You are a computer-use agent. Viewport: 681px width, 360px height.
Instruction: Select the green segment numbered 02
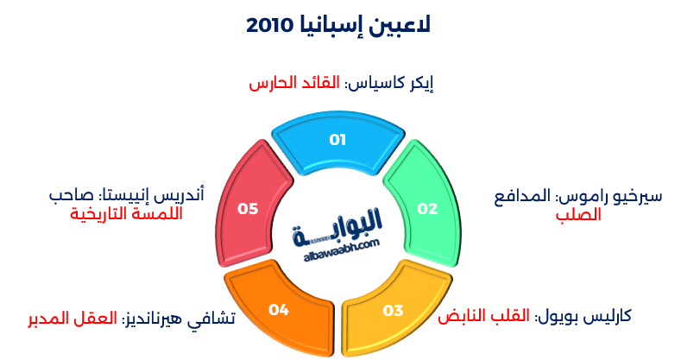[x=427, y=208]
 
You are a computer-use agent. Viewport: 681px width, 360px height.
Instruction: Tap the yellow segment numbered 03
[x=393, y=310]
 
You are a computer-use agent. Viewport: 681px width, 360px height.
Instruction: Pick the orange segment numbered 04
[x=278, y=309]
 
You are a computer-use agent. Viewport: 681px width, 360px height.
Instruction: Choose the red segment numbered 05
[x=248, y=208]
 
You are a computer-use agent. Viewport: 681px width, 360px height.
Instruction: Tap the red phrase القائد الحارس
[x=295, y=84]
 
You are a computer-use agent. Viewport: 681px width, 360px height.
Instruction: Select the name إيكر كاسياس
[x=389, y=84]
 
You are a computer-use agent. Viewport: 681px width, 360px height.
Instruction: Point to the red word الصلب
[x=578, y=214]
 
